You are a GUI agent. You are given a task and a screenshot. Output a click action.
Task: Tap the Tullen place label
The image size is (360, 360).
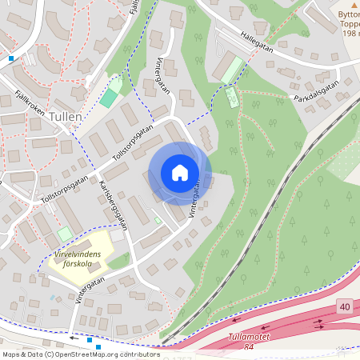[x=64, y=116]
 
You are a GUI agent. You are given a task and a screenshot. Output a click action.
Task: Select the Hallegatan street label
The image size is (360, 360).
[x=257, y=43]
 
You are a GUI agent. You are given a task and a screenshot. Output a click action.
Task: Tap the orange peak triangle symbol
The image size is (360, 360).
[x=334, y=5]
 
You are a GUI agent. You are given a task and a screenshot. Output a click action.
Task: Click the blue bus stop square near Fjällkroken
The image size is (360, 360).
[x=11, y=58]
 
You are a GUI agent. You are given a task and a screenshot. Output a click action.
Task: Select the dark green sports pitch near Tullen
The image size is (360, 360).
[x=108, y=98]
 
